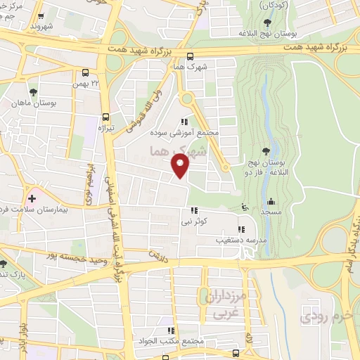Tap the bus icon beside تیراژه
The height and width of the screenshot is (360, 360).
point(105,117)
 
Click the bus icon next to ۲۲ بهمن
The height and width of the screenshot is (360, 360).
point(85,72)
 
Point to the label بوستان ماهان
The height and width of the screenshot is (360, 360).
point(34,103)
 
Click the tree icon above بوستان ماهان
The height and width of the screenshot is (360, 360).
point(33,92)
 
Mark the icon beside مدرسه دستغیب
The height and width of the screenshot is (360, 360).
point(240,229)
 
